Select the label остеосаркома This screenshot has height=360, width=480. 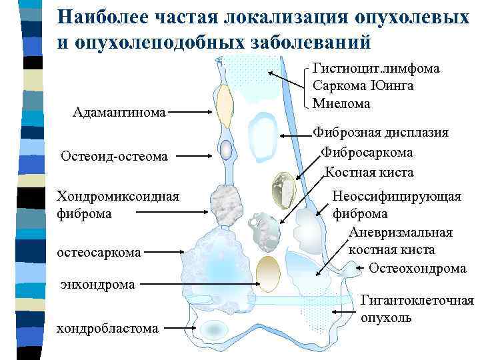pos(99,252)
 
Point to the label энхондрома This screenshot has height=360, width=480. pos(98,284)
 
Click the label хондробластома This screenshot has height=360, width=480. pos(107,327)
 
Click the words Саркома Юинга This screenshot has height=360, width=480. pos(363,85)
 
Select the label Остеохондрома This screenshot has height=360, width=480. pos(417,268)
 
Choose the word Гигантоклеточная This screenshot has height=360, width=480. pos(417,301)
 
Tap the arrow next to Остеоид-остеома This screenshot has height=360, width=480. pos(199,156)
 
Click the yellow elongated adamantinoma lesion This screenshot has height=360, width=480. pos(225,107)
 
